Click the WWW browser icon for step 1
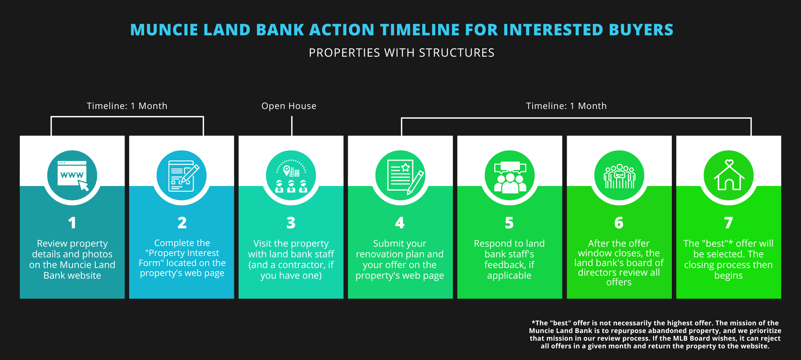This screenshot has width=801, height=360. pyautogui.click(x=72, y=175)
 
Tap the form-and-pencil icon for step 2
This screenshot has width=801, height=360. pyautogui.click(x=182, y=175)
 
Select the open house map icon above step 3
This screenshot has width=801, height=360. pyautogui.click(x=291, y=175)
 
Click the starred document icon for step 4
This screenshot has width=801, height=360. pyautogui.click(x=400, y=175)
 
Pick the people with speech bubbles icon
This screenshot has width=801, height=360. pyautogui.click(x=510, y=175)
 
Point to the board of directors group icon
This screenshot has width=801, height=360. pyautogui.click(x=619, y=175)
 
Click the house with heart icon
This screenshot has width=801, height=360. pyautogui.click(x=729, y=175)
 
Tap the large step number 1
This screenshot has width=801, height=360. pyautogui.click(x=72, y=223)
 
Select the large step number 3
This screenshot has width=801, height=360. pyautogui.click(x=291, y=223)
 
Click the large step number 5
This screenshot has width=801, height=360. pyautogui.click(x=509, y=223)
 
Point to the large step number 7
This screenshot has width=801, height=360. pyautogui.click(x=729, y=223)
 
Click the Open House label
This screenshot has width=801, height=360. pyautogui.click(x=289, y=106)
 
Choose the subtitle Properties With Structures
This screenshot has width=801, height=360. pyautogui.click(x=402, y=53)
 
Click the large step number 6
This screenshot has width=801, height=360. pyautogui.click(x=619, y=223)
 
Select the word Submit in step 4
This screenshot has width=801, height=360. pyautogui.click(x=385, y=244)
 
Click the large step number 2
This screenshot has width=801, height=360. pyautogui.click(x=182, y=223)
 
